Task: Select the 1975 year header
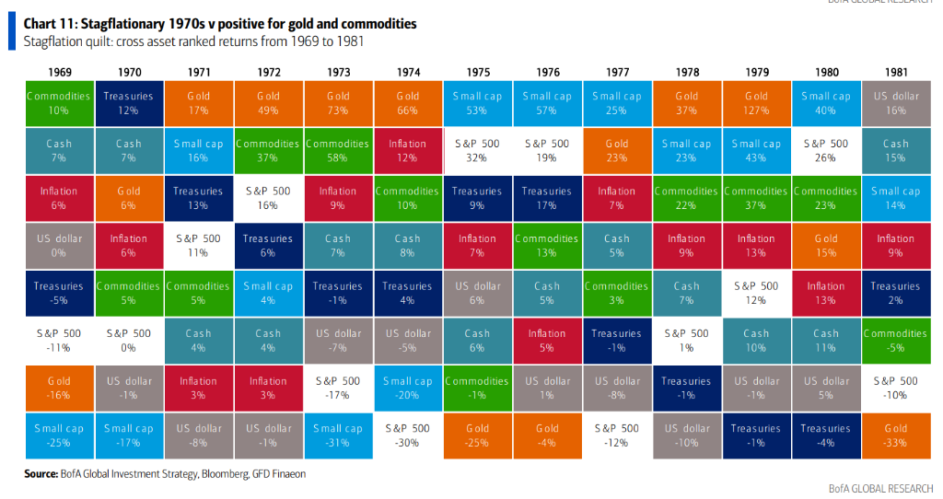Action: [477, 72]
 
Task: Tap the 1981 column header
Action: [895, 72]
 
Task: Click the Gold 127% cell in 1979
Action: [756, 103]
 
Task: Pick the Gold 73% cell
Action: [338, 103]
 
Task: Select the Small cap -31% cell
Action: [338, 435]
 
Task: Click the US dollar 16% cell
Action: [895, 103]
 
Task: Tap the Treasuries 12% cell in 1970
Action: [129, 103]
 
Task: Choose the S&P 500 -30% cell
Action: [407, 435]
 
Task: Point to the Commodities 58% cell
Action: [338, 151]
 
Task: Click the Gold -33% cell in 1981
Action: [895, 435]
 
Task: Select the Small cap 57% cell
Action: [547, 103]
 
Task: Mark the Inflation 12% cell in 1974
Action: [407, 151]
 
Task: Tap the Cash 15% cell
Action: [895, 151]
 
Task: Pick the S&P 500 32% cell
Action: [477, 151]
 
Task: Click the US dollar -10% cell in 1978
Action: [686, 435]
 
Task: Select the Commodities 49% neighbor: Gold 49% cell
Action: [268, 103]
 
